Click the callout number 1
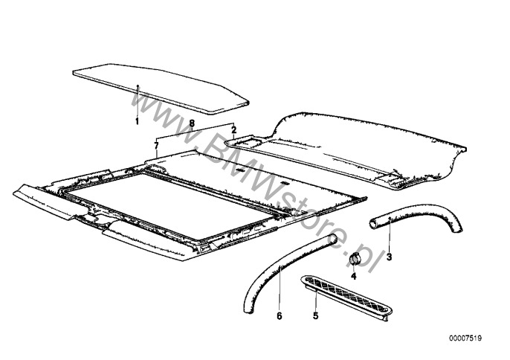(x=137, y=120)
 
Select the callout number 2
(x=233, y=129)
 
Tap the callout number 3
(x=389, y=257)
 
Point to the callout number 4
(x=354, y=275)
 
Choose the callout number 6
(x=280, y=315)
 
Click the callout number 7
(x=156, y=144)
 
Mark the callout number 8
(x=192, y=122)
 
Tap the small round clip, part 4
(x=355, y=258)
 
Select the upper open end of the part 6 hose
(x=335, y=240)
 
